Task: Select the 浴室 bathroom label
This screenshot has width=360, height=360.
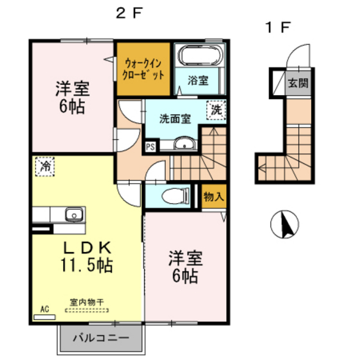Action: point(197,80)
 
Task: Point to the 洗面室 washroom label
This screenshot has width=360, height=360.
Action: point(175,118)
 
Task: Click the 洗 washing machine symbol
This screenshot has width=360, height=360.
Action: point(217,110)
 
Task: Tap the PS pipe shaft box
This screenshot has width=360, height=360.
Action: point(150,146)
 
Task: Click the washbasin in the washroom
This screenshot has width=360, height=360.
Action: point(184,145)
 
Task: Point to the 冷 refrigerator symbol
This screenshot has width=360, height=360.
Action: point(45,166)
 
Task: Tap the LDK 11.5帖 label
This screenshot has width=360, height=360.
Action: point(87,256)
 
